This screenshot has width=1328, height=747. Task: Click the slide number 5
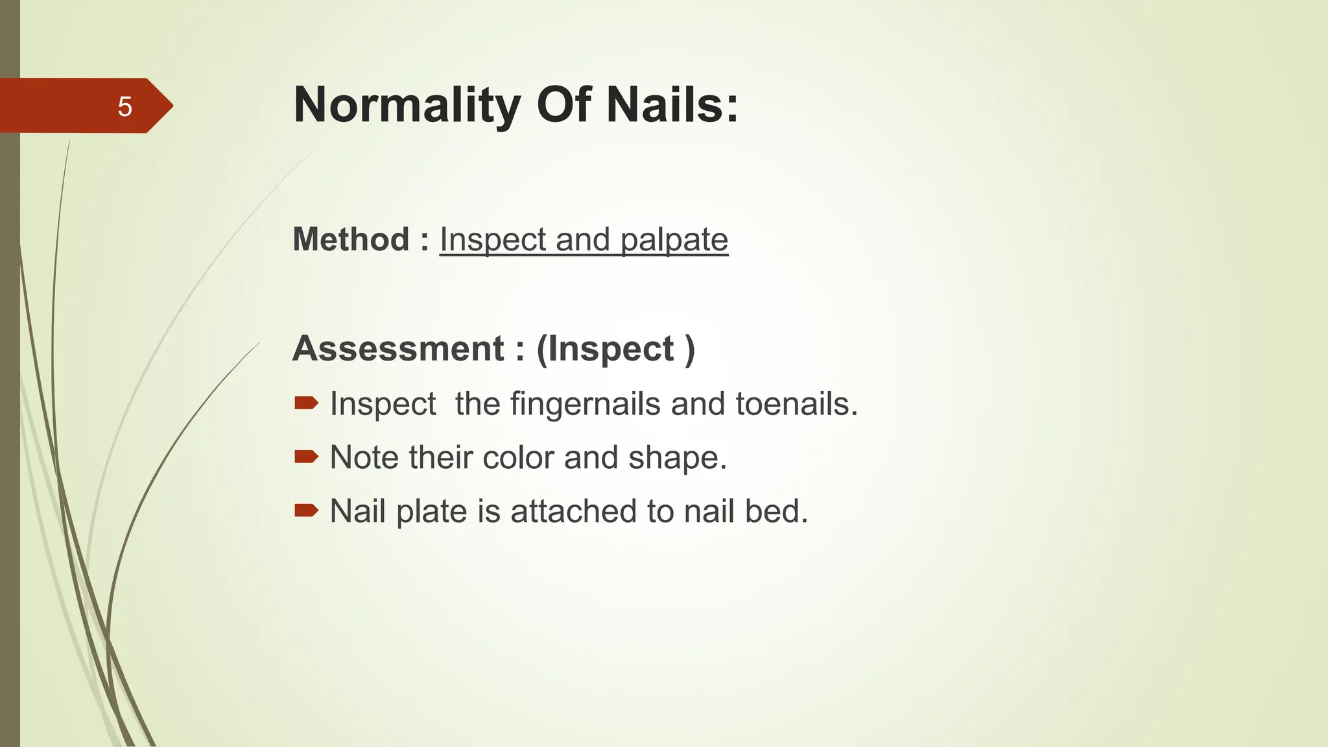pyautogui.click(x=124, y=106)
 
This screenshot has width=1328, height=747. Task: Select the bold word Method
pyautogui.click(x=351, y=239)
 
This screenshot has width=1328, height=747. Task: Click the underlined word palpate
pyautogui.click(x=674, y=240)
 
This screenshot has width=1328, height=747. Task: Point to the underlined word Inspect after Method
pyautogui.click(x=493, y=240)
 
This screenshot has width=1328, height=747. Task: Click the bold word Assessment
pyautogui.click(x=398, y=348)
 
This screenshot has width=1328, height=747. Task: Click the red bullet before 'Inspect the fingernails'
pyautogui.click(x=306, y=403)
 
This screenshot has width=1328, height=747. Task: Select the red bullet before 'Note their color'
pyautogui.click(x=306, y=457)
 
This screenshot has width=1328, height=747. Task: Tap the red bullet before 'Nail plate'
pyautogui.click(x=306, y=511)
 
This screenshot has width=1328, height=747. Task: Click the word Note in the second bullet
pyautogui.click(x=364, y=457)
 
